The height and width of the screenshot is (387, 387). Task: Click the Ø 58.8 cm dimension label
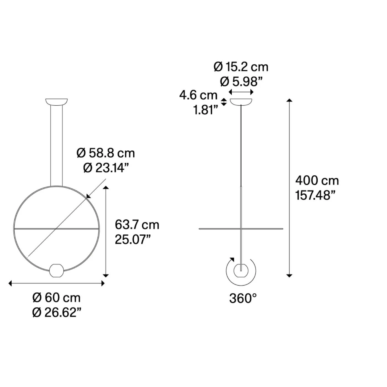[106, 153]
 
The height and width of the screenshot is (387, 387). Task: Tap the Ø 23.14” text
[106, 168]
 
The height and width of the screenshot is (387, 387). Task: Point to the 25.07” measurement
[133, 239]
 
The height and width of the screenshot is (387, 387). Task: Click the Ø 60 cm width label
[56, 298]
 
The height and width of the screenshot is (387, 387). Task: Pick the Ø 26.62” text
[57, 312]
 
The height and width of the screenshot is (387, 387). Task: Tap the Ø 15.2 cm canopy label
[241, 67]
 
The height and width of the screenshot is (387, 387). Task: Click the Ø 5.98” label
[241, 82]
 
